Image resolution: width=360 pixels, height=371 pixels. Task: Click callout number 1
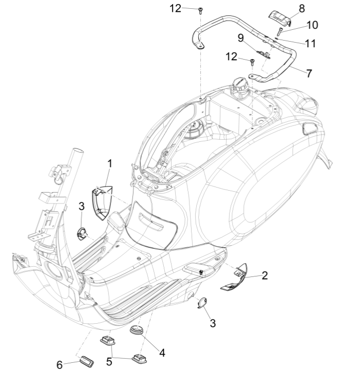pyautogui.click(x=109, y=164)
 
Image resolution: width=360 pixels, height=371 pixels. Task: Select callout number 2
pyautogui.click(x=264, y=276)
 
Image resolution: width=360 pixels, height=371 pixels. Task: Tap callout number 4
pyautogui.click(x=162, y=353)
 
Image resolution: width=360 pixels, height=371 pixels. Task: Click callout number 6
pyautogui.click(x=60, y=364)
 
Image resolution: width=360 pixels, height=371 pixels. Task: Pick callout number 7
pyautogui.click(x=309, y=73)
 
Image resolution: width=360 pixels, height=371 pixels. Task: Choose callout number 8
pyautogui.click(x=301, y=8)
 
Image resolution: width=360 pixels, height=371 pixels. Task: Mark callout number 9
pyautogui.click(x=240, y=38)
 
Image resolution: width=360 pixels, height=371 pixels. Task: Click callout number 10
pyautogui.click(x=312, y=25)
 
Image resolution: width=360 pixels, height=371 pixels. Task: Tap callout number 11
pyautogui.click(x=310, y=44)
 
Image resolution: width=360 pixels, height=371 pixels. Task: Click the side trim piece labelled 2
pyautogui.click(x=234, y=278)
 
